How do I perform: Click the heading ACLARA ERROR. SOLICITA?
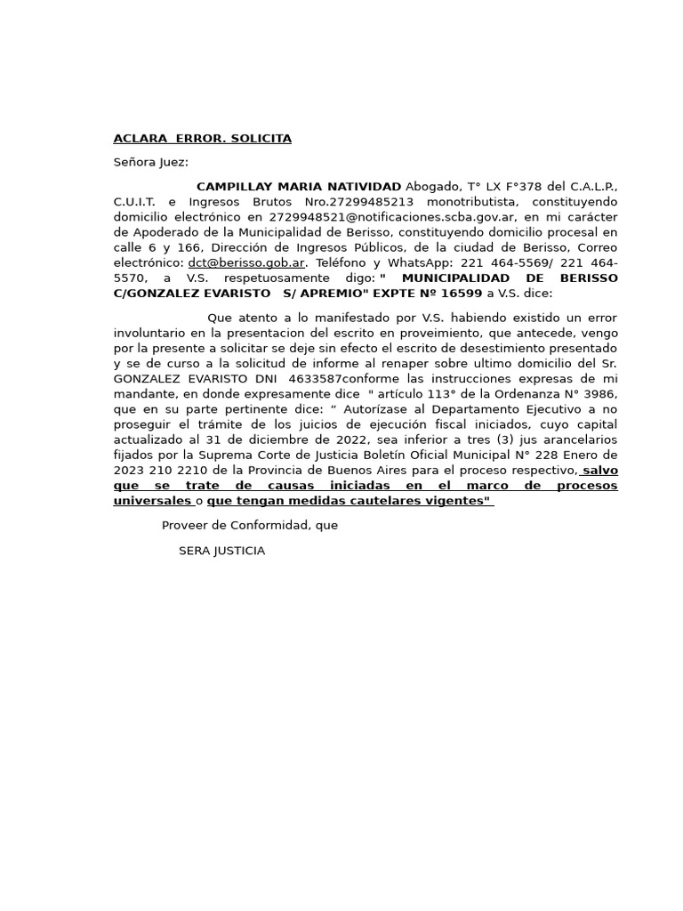202,139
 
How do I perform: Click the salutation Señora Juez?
150,163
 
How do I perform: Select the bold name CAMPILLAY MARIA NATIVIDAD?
298,187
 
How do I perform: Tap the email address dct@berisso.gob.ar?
246,263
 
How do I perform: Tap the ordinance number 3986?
597,394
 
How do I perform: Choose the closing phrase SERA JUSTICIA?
221,552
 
